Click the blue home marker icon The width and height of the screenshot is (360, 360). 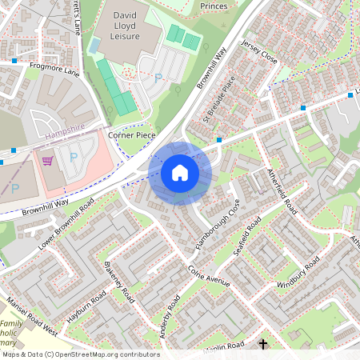point(180,172)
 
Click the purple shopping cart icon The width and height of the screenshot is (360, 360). point(48,161)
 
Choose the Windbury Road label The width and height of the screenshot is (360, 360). point(298,274)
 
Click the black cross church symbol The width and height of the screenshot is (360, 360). point(263,345)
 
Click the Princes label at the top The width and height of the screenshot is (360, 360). point(214,6)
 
